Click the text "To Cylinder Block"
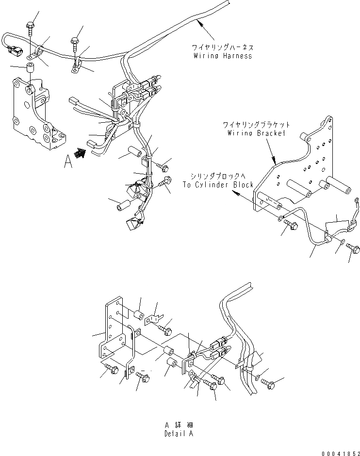click(x=218, y=185)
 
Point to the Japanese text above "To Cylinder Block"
click(x=218, y=177)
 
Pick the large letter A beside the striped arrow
click(x=68, y=161)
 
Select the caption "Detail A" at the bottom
click(x=178, y=433)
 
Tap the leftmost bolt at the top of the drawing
click(x=31, y=29)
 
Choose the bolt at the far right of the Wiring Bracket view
click(x=354, y=250)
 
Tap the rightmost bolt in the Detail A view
click(x=268, y=383)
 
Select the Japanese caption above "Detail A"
click(x=178, y=425)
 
